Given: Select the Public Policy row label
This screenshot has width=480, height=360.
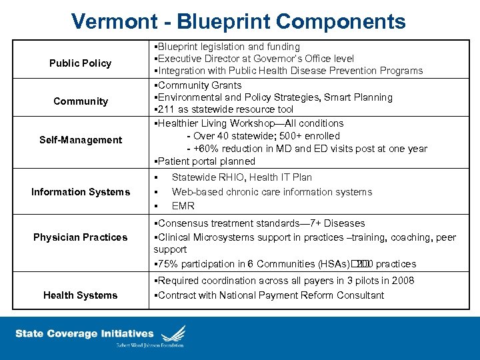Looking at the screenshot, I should click(80, 63).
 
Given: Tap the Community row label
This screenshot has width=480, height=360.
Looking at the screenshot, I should click(80, 101).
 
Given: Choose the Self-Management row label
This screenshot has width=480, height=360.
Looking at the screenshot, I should click(80, 140).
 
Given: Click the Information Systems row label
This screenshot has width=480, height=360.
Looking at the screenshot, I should click(80, 192).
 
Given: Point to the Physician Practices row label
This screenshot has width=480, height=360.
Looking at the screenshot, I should click(80, 237).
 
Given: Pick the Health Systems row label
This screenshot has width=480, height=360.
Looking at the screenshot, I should click(80, 295).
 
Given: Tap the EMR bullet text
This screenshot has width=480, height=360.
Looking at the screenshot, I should click(183, 206).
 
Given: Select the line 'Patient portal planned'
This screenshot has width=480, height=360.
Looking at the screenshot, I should click(205, 161).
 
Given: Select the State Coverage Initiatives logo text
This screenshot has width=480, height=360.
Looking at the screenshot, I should click(84, 333).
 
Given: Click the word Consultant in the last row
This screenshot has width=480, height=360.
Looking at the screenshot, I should click(359, 295).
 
